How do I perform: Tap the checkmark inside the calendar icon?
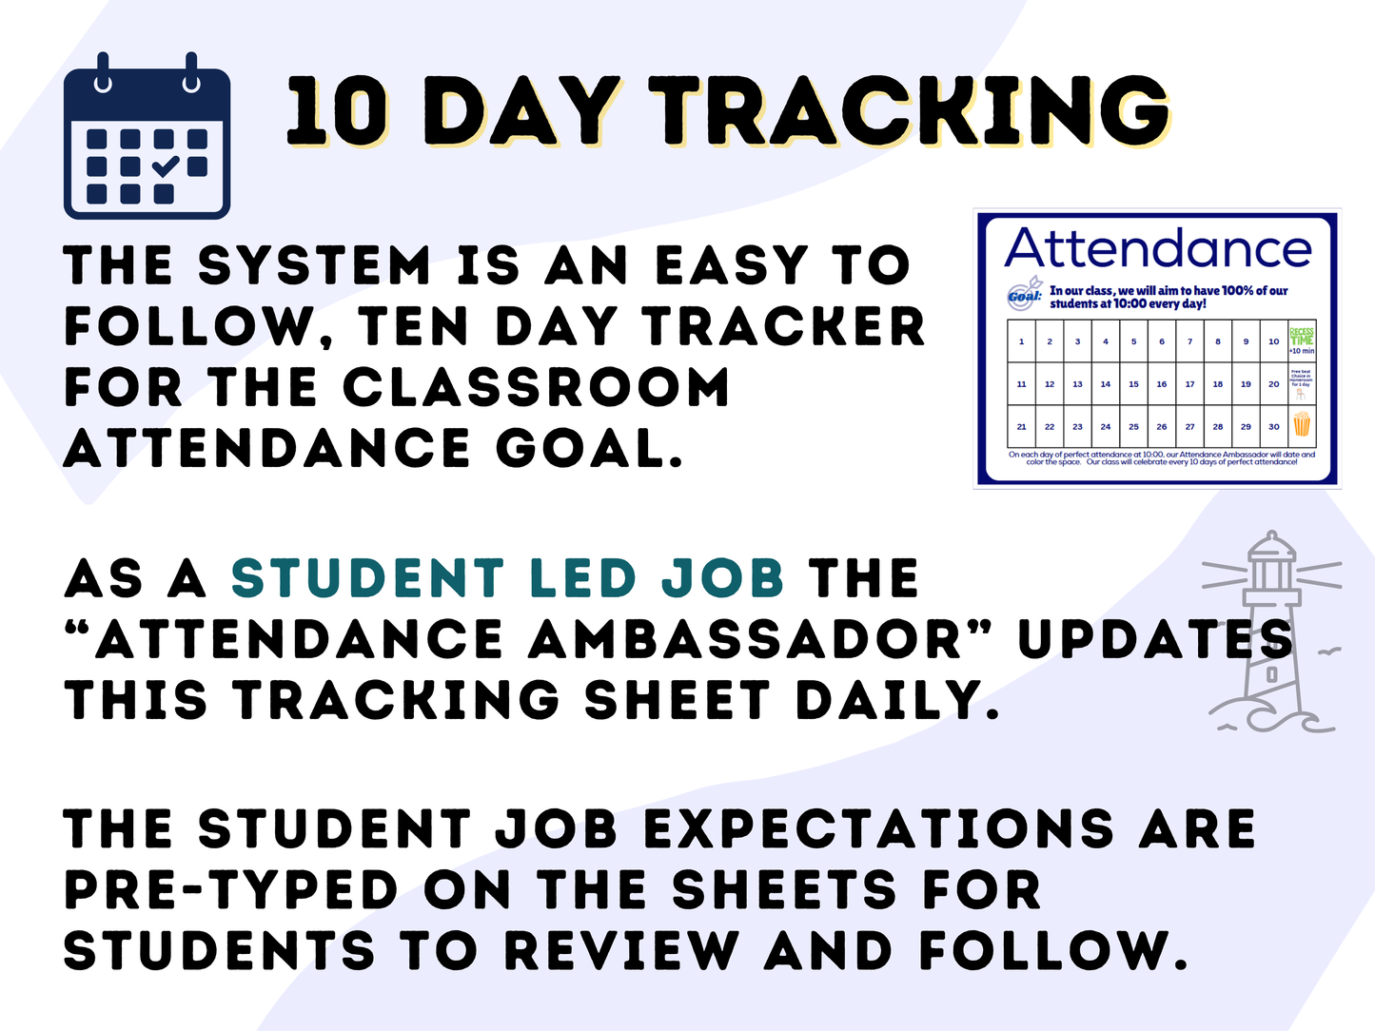165,166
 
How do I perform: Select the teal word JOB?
722,578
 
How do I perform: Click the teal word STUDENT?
367,578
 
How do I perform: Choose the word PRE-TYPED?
231,890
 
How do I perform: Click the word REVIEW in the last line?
621,951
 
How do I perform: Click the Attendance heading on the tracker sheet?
1158,249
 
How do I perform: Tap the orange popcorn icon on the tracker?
1301,424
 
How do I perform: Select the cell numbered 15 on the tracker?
1133,384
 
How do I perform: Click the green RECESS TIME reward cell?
1301,340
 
